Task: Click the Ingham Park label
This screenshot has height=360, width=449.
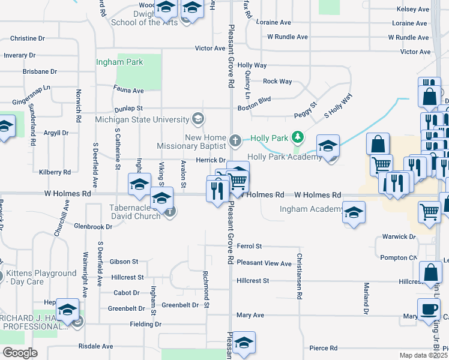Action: tap(120, 62)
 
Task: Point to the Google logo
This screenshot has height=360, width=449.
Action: tap(20, 353)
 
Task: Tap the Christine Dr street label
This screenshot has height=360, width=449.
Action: tap(28, 38)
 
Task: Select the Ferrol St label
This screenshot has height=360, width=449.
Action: tap(250, 246)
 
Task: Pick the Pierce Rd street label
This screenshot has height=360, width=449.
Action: tap(324, 348)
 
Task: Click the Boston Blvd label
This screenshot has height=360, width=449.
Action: tap(255, 99)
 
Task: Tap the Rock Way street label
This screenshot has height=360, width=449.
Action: tap(277, 82)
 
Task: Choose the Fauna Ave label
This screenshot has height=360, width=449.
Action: tap(128, 91)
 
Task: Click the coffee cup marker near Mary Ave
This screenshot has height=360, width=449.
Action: tap(429, 310)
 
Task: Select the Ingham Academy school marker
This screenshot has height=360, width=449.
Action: tap(354, 212)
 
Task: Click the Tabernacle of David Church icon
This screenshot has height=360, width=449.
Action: tap(170, 211)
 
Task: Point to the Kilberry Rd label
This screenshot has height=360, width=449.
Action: tap(55, 172)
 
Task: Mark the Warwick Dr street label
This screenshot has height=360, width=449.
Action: tap(399, 237)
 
